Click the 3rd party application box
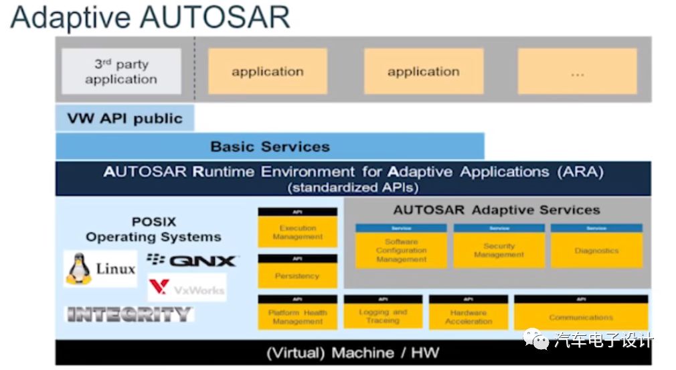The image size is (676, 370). click(x=121, y=71)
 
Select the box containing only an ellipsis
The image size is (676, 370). click(x=577, y=71)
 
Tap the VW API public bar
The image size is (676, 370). click(x=124, y=119)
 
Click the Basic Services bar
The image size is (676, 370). click(x=270, y=146)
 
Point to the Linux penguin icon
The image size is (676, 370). click(x=78, y=268)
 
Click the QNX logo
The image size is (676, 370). click(x=192, y=261)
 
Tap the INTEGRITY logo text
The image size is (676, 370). click(x=129, y=314)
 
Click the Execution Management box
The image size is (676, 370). click(x=297, y=232)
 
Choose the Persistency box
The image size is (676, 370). click(x=297, y=275)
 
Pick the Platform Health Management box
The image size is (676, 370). click(x=297, y=316)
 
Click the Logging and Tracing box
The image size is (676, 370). click(x=382, y=316)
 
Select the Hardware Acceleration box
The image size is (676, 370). click(x=468, y=316)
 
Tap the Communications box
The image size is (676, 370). click(x=580, y=316)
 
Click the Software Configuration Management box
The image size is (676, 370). click(x=401, y=250)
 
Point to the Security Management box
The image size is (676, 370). click(x=499, y=250)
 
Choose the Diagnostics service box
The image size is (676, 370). click(x=596, y=250)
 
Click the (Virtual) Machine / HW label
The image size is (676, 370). click(x=353, y=353)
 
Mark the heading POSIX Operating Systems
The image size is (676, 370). click(x=153, y=229)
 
